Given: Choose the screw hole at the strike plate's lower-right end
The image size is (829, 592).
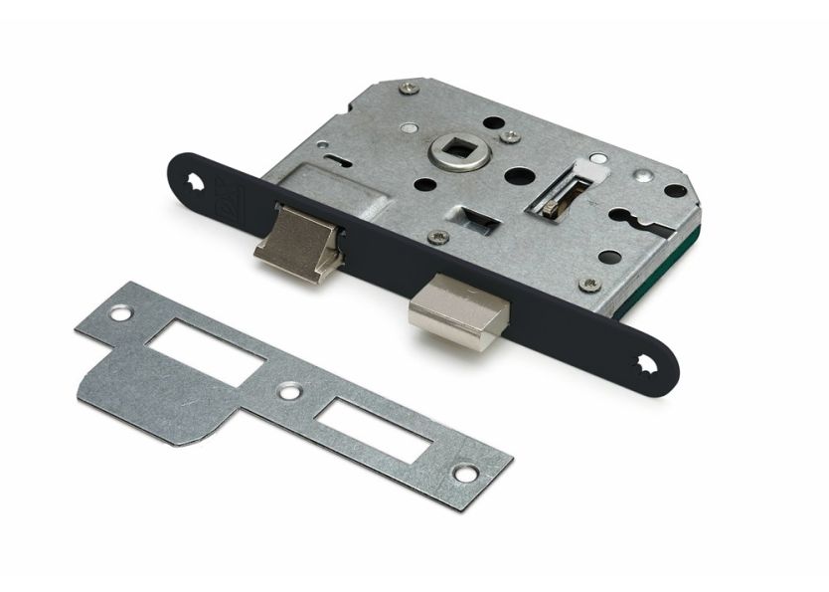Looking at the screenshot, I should point(465,474).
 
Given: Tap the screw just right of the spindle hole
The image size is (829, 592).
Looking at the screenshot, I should point(510,135).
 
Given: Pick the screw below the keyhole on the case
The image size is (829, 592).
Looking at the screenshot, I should point(592,285).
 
